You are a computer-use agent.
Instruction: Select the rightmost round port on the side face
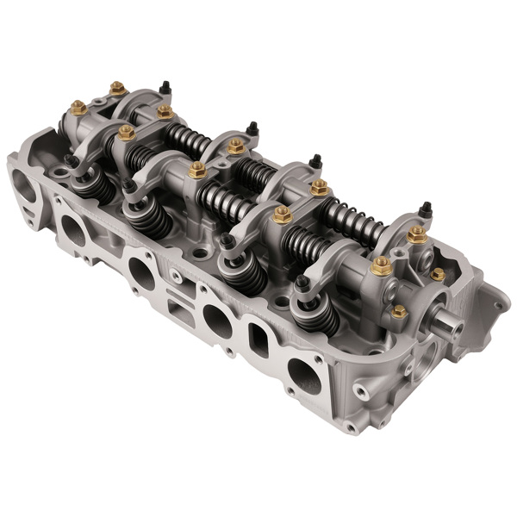[x=303, y=375]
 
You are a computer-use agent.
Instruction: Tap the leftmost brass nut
[x=78, y=108]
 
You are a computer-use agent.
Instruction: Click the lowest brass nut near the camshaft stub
[x=399, y=311]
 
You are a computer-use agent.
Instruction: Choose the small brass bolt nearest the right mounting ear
[x=438, y=275]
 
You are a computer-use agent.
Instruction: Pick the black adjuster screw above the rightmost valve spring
[x=302, y=283]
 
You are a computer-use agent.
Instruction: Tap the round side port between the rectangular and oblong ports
[x=215, y=322]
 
